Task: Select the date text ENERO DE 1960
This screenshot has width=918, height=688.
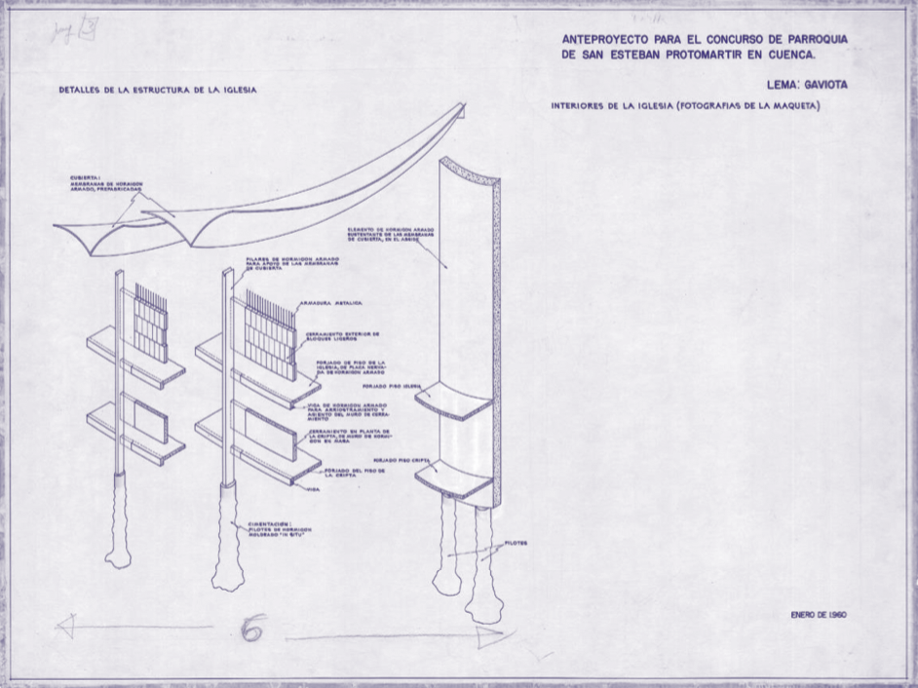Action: [818, 615]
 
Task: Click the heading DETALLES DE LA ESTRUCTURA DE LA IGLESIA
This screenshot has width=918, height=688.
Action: [157, 90]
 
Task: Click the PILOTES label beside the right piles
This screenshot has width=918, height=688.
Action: [517, 543]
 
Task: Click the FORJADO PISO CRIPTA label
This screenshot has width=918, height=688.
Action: [397, 458]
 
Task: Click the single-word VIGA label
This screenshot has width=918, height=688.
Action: [314, 488]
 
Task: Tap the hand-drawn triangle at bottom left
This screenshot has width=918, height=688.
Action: [66, 625]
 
